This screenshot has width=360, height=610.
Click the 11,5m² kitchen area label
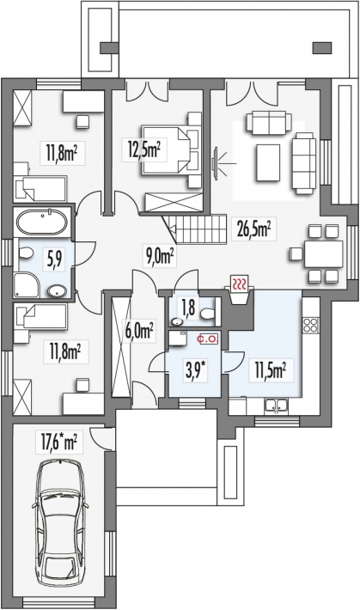click(269, 371)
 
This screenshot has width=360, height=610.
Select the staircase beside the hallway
click(193, 229)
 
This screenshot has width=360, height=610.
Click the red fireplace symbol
click(241, 285)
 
